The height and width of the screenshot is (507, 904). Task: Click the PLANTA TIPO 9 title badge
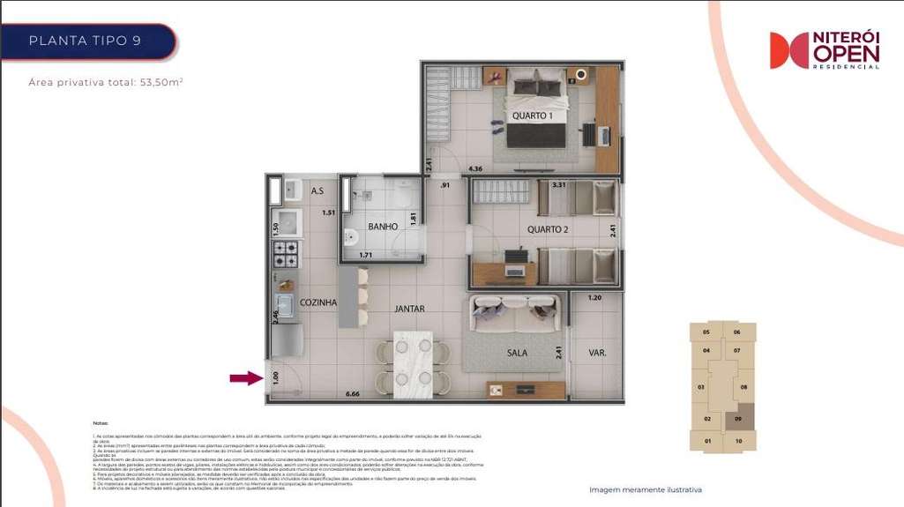pyautogui.click(x=86, y=41)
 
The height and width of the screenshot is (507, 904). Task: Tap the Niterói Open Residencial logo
pyautogui.click(x=824, y=50)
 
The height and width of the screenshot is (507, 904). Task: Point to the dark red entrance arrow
pyautogui.click(x=246, y=378)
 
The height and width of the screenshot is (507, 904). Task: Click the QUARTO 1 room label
pyautogui.click(x=533, y=116)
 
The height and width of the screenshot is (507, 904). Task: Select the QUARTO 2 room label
pyautogui.click(x=547, y=229)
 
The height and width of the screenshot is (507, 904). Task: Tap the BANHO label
pyautogui.click(x=383, y=227)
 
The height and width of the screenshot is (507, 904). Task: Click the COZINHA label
pyautogui.click(x=318, y=302)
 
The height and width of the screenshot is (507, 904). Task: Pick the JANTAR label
pyautogui.click(x=410, y=309)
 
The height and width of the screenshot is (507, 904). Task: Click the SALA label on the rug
pyautogui.click(x=517, y=353)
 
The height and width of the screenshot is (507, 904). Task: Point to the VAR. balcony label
pyautogui.click(x=597, y=353)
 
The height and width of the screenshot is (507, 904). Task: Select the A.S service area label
pyautogui.click(x=318, y=190)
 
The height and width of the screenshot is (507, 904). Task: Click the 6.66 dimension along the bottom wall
pyautogui.click(x=353, y=393)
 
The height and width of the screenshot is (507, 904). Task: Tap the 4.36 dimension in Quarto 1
pyautogui.click(x=475, y=168)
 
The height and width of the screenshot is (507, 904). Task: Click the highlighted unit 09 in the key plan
pyautogui.click(x=738, y=421)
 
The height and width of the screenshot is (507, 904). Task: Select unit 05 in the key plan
pyautogui.click(x=706, y=332)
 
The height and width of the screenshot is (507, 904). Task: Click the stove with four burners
pyautogui.click(x=287, y=254)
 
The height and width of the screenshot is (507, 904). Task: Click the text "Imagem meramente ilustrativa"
pyautogui.click(x=646, y=489)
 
